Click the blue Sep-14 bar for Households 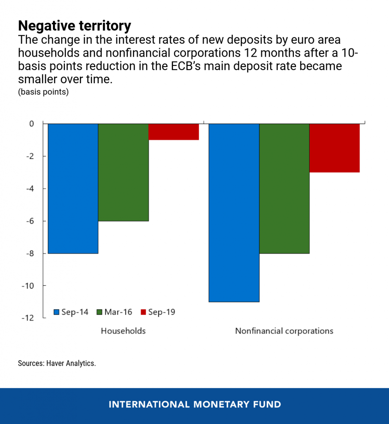pyautogui.click(x=73, y=188)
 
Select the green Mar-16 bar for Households pyautogui.click(x=123, y=172)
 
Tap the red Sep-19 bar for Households pyautogui.click(x=173, y=132)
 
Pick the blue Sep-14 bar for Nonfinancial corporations pyautogui.click(x=234, y=213)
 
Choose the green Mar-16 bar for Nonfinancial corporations pyautogui.click(x=284, y=188)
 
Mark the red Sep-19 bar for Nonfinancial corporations pyautogui.click(x=334, y=148)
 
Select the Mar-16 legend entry pyautogui.click(x=114, y=312)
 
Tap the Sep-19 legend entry pyautogui.click(x=158, y=312)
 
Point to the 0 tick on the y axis pyautogui.click(x=32, y=124)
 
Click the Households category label pyautogui.click(x=123, y=331)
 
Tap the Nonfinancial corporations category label pyautogui.click(x=284, y=331)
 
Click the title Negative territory pyautogui.click(x=74, y=26)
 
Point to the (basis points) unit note pyautogui.click(x=43, y=92)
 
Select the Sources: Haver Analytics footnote pyautogui.click(x=57, y=364)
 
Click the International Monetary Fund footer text pyautogui.click(x=194, y=405)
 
